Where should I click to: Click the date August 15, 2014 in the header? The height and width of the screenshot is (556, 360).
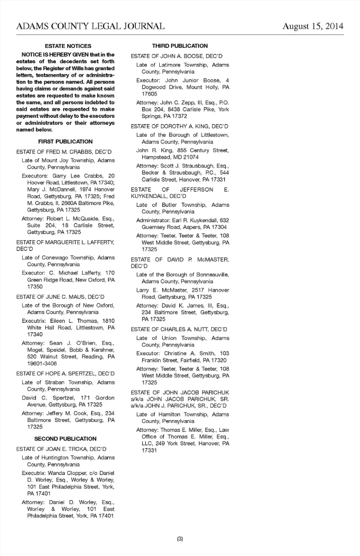tap(313, 26)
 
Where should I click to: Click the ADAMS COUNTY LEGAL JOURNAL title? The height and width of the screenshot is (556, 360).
tap(90, 26)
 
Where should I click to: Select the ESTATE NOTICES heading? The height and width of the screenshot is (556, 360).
tap(68, 46)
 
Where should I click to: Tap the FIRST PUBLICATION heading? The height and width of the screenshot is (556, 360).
tap(65, 142)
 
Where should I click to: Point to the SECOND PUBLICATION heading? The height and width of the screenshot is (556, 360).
tap(65, 439)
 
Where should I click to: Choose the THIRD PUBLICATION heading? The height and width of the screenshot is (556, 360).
tap(180, 46)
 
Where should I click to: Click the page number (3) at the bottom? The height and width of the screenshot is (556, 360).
tap(180, 539)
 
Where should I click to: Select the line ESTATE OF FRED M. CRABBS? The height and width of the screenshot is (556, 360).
tap(64, 152)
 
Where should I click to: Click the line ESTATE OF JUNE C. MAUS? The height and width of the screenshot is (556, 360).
tap(60, 297)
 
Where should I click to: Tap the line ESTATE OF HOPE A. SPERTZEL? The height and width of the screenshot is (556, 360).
tap(65, 373)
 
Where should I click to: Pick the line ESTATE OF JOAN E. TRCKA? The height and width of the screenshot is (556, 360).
tap(61, 449)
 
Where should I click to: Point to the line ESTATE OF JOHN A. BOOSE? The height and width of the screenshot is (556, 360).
tap(176, 56)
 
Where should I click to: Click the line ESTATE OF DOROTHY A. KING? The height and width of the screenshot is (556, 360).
tap(179, 126)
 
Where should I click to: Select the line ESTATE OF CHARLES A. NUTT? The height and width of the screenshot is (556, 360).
tap(179, 329)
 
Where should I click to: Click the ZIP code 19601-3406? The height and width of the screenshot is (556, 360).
tap(42, 363)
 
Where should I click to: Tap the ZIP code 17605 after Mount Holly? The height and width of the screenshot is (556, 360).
tap(149, 94)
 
